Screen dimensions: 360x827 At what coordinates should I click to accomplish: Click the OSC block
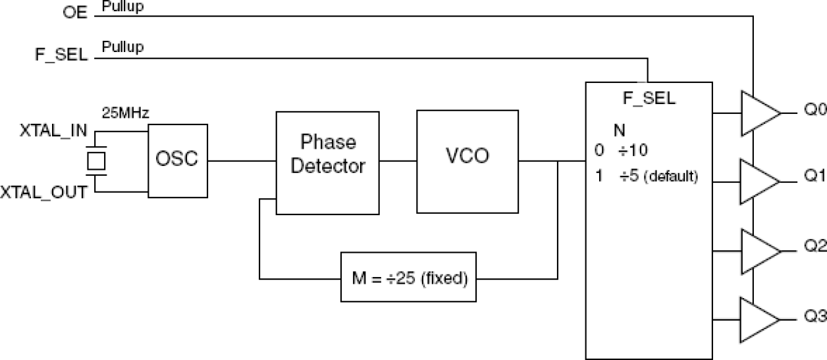point(177,159)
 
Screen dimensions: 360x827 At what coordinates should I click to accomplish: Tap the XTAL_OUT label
point(43,192)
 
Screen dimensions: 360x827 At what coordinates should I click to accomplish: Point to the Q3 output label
point(814,317)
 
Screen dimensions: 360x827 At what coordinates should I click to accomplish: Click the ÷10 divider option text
point(632,151)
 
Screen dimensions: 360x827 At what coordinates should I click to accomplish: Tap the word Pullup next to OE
point(122,7)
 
